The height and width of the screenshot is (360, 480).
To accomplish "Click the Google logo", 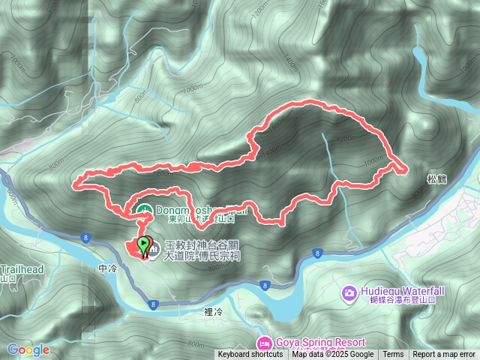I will (x=28, y=349).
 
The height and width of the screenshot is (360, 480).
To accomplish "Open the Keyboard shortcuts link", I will (x=251, y=355).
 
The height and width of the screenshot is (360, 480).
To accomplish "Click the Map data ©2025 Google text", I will (x=333, y=355).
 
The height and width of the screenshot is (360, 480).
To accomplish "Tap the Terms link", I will (x=393, y=355).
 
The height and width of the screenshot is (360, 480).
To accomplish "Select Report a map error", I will (x=445, y=355).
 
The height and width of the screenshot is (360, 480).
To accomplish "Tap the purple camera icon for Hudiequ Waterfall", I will (x=349, y=292).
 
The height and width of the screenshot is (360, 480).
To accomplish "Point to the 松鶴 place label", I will (x=436, y=180).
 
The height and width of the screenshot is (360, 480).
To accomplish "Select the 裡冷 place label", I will (x=214, y=310).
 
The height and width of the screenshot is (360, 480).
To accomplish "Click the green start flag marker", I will (x=143, y=244).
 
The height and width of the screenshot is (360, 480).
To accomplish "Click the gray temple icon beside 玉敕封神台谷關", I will (x=152, y=249).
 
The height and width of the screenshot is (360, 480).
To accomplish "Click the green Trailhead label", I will (x=22, y=269).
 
